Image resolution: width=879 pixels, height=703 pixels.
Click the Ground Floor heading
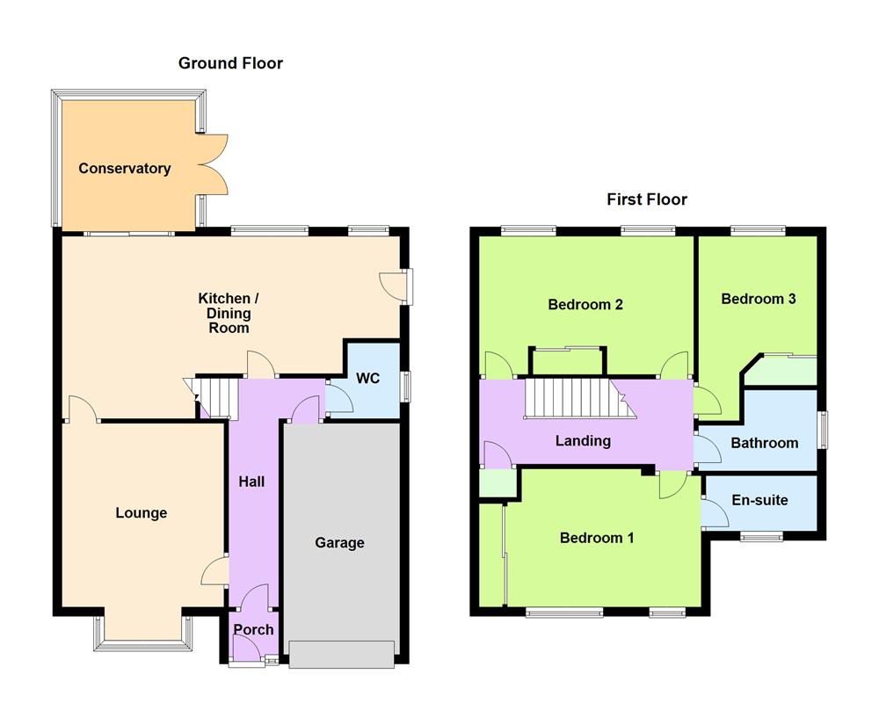[x=230, y=63]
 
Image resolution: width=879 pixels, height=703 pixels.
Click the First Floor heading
[x=647, y=199]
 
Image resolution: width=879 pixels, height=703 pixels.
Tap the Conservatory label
[x=124, y=169]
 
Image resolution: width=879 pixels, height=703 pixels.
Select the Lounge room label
[x=141, y=513]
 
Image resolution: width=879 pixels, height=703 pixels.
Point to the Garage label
[x=339, y=543]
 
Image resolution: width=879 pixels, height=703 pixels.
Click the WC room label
[x=367, y=379]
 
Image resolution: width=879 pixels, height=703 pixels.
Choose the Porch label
[x=253, y=630]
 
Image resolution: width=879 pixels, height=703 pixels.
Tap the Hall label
[x=251, y=482]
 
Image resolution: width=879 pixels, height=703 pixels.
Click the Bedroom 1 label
[x=597, y=538]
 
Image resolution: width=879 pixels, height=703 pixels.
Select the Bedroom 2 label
[x=585, y=305]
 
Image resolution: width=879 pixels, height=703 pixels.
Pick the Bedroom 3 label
[x=758, y=299]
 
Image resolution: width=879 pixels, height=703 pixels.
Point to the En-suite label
[x=759, y=501]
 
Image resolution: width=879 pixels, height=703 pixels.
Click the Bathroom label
[x=764, y=443]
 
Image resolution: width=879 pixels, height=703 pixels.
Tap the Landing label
[x=583, y=441]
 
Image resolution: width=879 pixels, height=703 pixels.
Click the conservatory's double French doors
[x=214, y=163]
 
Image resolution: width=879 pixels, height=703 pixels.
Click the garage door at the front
[x=341, y=656]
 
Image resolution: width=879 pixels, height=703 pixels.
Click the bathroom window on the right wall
[x=824, y=431]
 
